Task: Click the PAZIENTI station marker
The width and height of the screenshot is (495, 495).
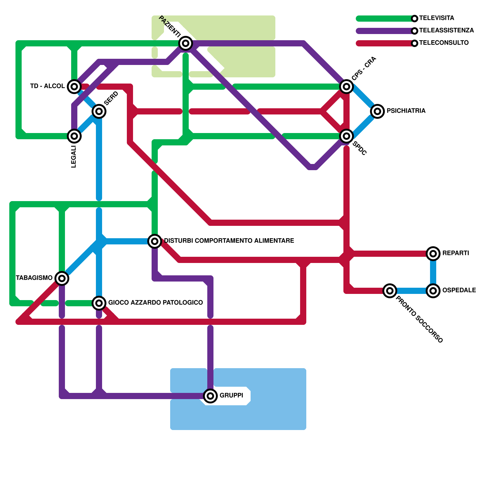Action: (186, 43)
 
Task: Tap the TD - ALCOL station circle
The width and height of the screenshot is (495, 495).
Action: (74, 86)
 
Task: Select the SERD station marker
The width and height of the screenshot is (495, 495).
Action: (99, 111)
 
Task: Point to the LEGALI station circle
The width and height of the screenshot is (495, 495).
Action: (74, 136)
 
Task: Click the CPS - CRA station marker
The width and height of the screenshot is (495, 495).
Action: (346, 86)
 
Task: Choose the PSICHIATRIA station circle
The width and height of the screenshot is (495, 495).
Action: (377, 111)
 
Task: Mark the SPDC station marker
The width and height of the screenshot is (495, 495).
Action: (346, 136)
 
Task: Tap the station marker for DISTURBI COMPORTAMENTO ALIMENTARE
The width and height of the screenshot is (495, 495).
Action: (155, 241)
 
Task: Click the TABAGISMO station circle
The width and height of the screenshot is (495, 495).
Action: (62, 278)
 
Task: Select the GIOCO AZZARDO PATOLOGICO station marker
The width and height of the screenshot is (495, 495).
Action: (99, 303)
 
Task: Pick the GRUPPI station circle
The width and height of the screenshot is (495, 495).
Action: (210, 396)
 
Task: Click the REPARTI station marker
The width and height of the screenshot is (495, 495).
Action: (433, 253)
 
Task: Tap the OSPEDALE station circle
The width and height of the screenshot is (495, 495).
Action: (433, 291)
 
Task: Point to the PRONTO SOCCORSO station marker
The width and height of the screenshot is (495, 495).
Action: (390, 291)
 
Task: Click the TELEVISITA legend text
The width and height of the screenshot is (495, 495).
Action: (437, 18)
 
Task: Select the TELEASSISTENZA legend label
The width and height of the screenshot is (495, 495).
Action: (446, 30)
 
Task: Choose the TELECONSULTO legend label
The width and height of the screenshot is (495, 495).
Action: (444, 43)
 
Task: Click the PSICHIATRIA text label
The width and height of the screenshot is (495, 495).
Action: (406, 111)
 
